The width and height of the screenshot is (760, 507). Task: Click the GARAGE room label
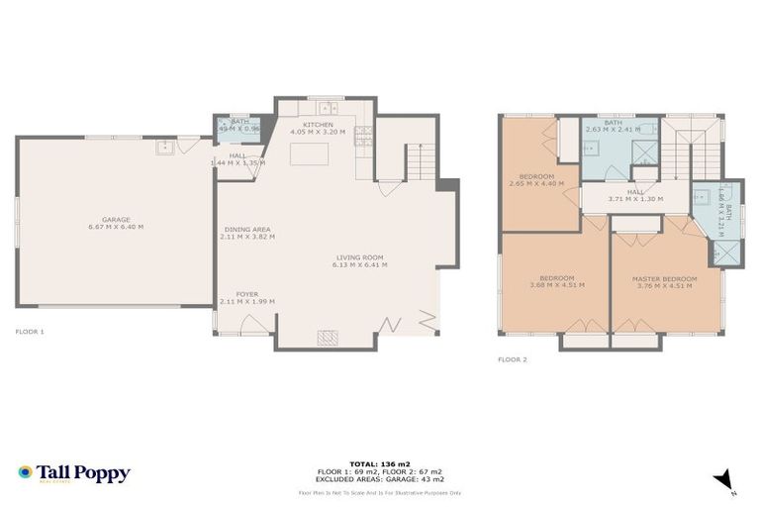coord(116,220)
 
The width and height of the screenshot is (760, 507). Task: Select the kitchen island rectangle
coord(305,153)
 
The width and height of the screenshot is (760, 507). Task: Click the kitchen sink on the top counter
coord(327,107)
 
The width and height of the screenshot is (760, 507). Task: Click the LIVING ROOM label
coord(360,258)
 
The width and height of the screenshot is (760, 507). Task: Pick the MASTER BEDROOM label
coord(664,279)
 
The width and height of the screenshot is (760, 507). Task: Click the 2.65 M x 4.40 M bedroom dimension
coord(536,183)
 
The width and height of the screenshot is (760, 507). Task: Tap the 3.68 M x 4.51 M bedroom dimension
coord(556,285)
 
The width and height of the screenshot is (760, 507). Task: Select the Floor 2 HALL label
coord(634,192)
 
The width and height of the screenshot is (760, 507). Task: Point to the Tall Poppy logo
coord(74,473)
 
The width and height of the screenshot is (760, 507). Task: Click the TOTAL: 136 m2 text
coord(380,462)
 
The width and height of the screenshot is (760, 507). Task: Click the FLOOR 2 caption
coord(512,359)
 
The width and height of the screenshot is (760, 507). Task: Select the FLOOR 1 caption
coord(30,331)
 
